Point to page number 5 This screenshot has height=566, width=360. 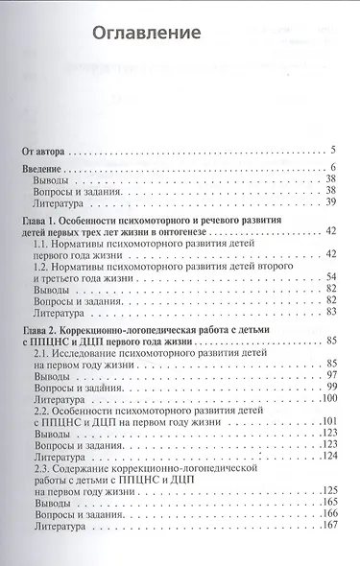(x=331, y=151)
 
